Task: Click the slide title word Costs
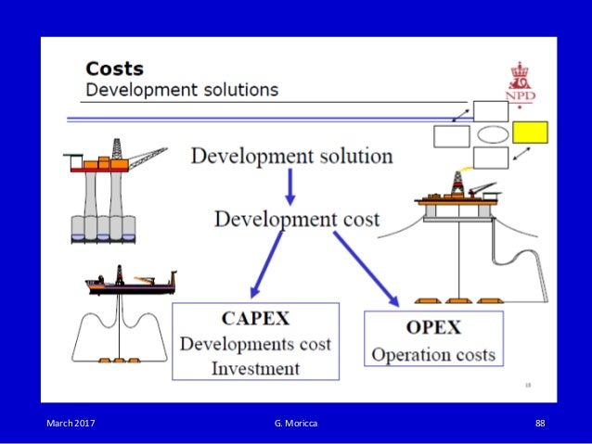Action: click(x=114, y=69)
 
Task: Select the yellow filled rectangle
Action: click(x=530, y=133)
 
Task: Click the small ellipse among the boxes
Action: click(x=492, y=134)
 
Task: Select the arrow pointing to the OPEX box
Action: click(x=366, y=268)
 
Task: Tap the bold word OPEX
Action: click(x=433, y=329)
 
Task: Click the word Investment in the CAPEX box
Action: click(x=255, y=368)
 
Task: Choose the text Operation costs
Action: click(x=433, y=354)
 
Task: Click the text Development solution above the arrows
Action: click(x=291, y=156)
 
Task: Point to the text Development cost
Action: click(x=297, y=219)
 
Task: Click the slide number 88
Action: click(x=540, y=424)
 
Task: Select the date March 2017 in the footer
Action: click(x=71, y=424)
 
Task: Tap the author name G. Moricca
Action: click(x=295, y=424)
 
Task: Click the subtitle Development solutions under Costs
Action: click(x=182, y=90)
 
